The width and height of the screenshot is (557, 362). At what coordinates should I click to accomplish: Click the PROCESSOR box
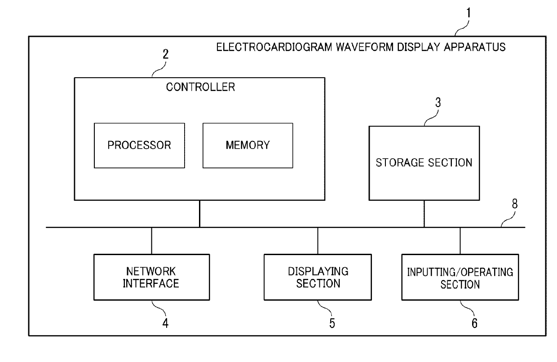139,146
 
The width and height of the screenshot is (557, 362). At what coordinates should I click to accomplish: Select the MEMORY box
248,146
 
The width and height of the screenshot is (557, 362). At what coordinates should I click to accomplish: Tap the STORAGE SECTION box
424,163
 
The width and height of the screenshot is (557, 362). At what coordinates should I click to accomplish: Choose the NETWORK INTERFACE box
152,277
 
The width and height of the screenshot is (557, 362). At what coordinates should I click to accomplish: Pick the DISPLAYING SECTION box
318,277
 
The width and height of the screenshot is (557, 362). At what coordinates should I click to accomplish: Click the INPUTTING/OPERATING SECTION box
460,277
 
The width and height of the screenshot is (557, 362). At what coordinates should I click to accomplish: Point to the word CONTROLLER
200,87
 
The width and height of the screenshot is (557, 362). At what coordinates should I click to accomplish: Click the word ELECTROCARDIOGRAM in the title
274,47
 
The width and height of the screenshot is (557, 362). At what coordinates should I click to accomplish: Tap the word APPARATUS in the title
475,47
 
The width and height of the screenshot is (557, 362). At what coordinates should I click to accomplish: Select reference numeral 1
469,13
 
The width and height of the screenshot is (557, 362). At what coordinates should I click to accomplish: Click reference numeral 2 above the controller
166,54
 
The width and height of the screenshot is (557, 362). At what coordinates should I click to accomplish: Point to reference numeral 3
438,102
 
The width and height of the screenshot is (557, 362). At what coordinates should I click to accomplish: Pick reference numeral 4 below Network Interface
165,323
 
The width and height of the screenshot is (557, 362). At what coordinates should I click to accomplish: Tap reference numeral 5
332,323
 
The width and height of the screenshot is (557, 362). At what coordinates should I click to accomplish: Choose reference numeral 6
474,323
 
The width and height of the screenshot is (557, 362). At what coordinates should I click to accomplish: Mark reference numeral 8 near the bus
514,203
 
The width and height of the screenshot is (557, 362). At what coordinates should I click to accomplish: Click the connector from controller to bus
199,214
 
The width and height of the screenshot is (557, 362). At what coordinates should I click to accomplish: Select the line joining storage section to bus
424,214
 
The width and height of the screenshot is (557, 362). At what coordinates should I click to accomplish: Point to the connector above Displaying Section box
318,241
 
